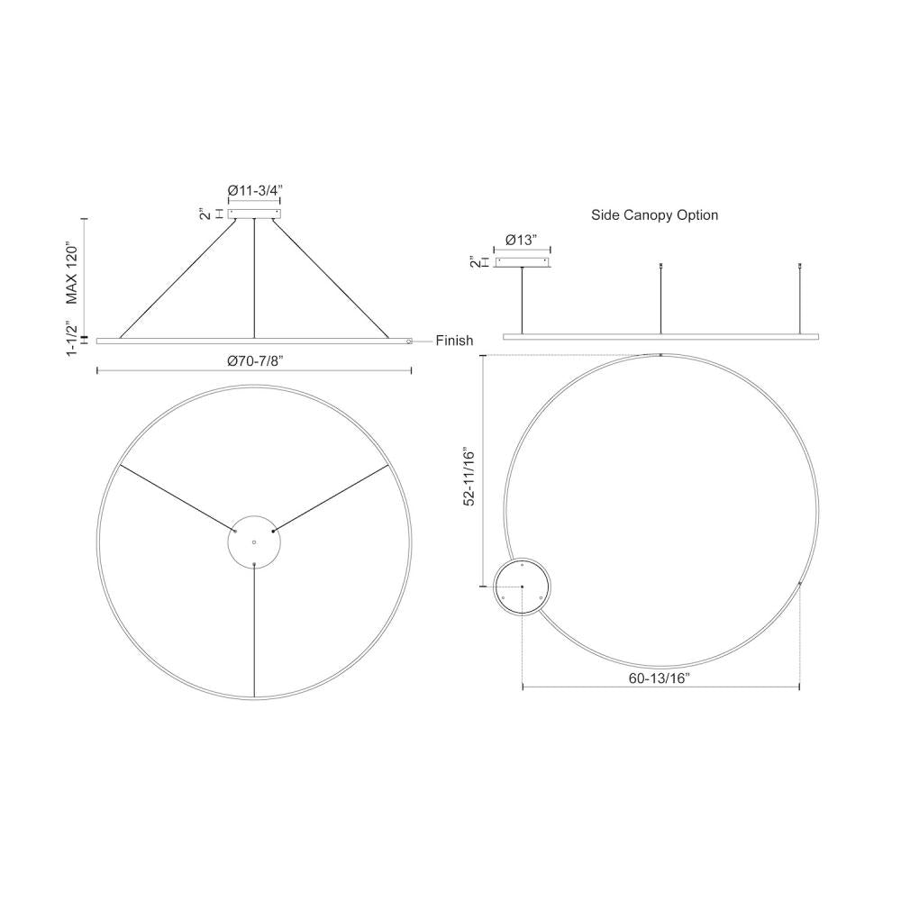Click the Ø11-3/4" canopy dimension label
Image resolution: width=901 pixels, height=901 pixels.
255,190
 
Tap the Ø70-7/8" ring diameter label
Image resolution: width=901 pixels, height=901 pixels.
255,361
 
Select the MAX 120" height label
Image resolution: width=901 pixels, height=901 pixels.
71,272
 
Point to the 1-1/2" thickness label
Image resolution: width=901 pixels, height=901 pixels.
71,339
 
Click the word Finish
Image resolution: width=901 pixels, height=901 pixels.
454,341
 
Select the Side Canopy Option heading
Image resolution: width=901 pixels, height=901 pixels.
654,215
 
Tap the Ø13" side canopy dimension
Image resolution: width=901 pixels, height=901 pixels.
522,241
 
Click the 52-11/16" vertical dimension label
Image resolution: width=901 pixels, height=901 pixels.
469,477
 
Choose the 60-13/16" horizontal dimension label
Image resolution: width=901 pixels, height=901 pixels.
659,678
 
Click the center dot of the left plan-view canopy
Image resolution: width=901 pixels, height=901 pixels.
254,542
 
